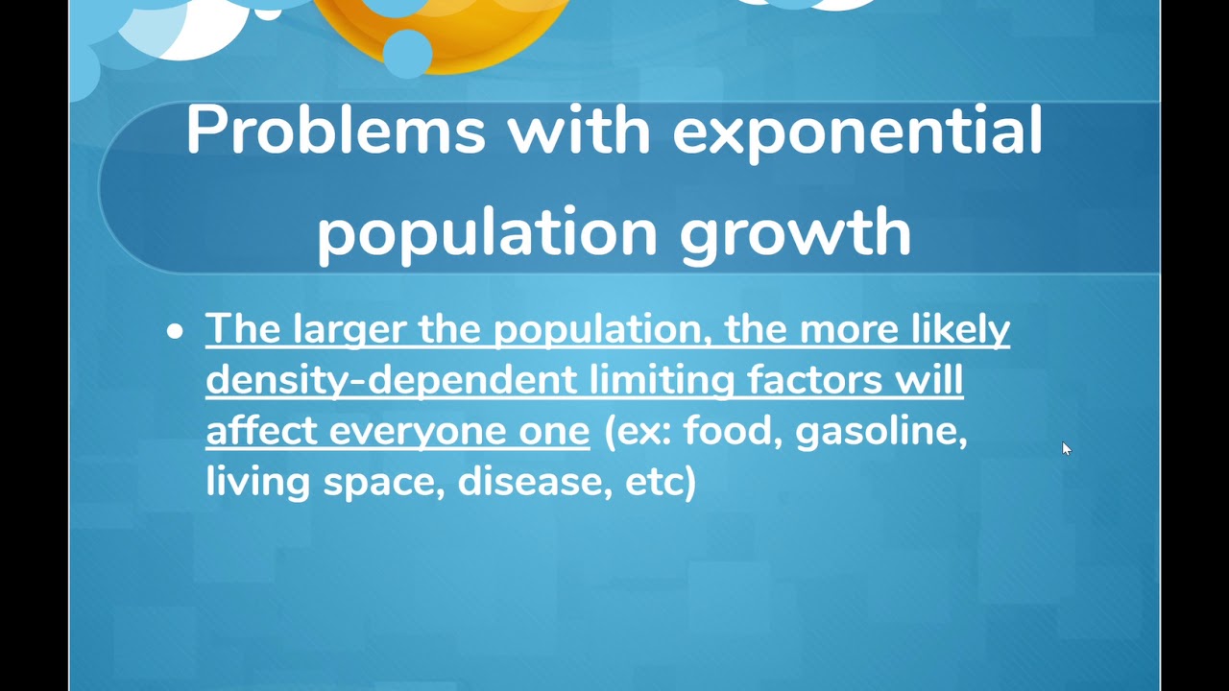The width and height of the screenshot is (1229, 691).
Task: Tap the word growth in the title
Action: click(x=795, y=232)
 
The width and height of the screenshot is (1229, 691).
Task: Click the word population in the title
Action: click(x=487, y=232)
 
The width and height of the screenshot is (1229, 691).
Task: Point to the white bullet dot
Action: click(x=174, y=332)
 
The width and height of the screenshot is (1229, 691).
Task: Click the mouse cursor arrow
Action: click(x=1066, y=448)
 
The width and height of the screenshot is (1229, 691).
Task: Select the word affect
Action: click(x=261, y=431)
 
